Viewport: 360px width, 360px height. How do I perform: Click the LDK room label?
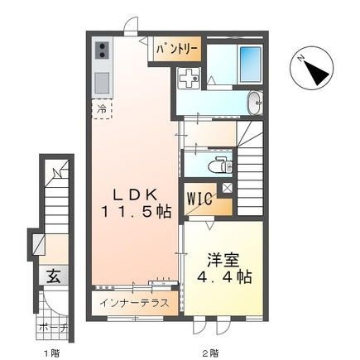coord(136,195)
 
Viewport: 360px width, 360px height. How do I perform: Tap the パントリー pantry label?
coord(177,49)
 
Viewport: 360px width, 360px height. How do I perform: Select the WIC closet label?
coord(199,199)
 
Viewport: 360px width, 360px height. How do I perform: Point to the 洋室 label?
coord(223,260)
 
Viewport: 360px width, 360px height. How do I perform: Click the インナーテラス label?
coord(134,303)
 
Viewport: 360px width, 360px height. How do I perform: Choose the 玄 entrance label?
coord(53,276)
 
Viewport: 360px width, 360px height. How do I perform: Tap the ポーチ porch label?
coord(53,328)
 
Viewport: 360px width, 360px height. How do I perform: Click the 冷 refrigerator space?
coord(102,109)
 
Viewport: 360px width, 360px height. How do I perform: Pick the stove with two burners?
coord(102,50)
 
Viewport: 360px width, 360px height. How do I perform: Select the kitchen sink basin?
coord(103,83)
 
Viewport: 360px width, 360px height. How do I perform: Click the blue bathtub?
coord(251,65)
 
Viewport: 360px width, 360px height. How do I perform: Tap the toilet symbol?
coord(220,165)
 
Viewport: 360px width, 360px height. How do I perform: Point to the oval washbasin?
coord(256,103)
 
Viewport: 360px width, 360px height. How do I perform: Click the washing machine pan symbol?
coord(188,78)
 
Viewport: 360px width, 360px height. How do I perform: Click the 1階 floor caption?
coord(52,353)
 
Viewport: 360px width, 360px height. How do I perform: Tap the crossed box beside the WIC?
coord(228,188)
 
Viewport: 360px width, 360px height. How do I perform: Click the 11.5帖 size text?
coord(137,212)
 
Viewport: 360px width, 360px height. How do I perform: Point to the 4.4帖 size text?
coord(224,277)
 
